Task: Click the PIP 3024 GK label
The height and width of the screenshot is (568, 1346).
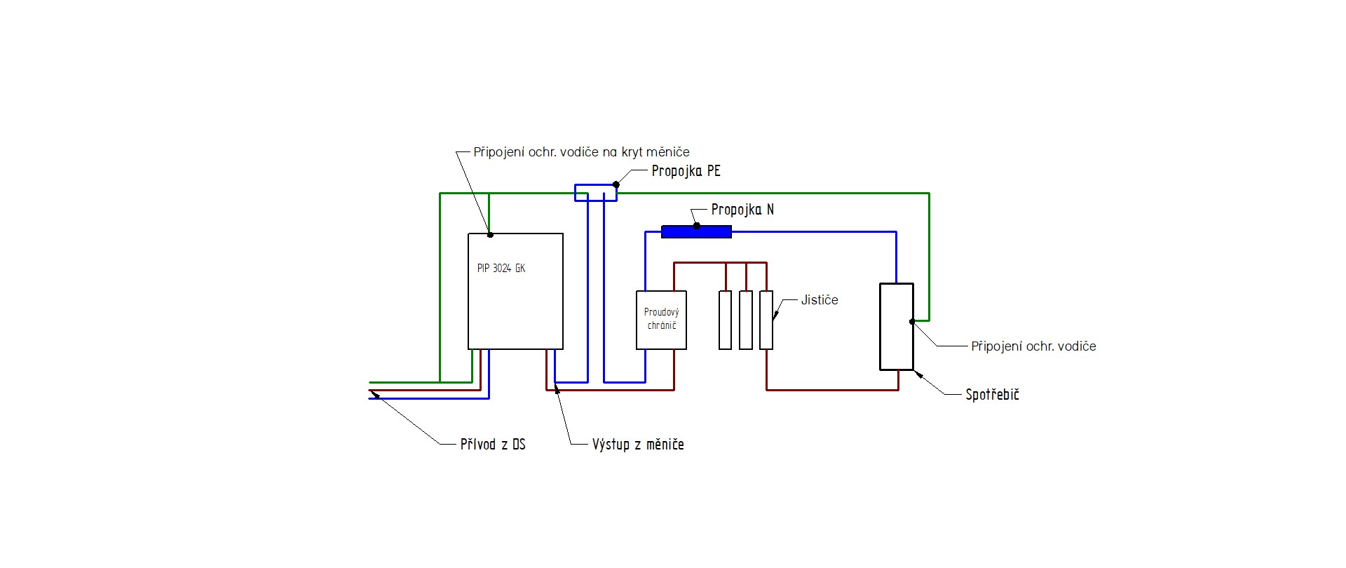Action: pyautogui.click(x=501, y=269)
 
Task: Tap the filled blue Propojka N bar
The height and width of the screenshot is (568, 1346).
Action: pyautogui.click(x=696, y=232)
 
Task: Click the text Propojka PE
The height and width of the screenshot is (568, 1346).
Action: pyautogui.click(x=686, y=171)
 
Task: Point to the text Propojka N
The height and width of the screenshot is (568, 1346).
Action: pyautogui.click(x=742, y=210)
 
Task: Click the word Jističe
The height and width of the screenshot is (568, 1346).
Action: pyautogui.click(x=820, y=300)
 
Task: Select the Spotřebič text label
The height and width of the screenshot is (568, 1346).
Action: pyautogui.click(x=992, y=395)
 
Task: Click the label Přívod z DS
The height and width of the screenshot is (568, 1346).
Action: pyautogui.click(x=493, y=444)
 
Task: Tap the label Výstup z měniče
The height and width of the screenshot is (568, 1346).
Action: pyautogui.click(x=638, y=444)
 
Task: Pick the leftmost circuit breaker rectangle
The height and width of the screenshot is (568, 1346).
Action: pyautogui.click(x=726, y=320)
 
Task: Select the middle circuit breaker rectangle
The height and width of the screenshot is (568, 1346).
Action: pyautogui.click(x=746, y=320)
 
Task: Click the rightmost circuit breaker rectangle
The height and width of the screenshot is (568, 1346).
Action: pyautogui.click(x=766, y=320)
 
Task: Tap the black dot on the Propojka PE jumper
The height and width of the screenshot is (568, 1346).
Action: pyautogui.click(x=616, y=185)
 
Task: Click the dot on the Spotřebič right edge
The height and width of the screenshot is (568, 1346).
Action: pyautogui.click(x=913, y=322)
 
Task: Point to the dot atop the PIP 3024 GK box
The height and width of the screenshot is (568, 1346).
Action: pyautogui.click(x=490, y=234)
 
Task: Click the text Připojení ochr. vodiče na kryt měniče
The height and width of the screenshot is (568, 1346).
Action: pyautogui.click(x=581, y=152)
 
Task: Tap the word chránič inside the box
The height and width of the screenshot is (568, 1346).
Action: pyautogui.click(x=662, y=326)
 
